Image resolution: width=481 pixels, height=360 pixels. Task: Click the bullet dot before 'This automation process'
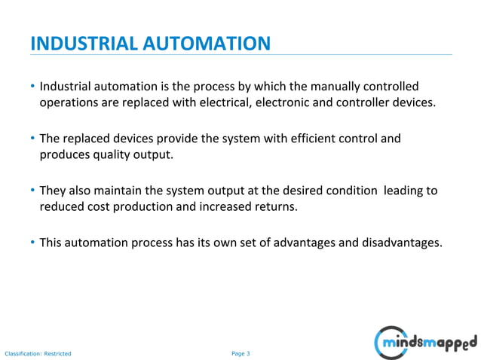point(33,243)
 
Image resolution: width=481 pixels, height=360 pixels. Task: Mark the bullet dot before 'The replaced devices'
point(33,139)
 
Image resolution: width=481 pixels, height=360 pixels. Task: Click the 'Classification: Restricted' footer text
point(38,353)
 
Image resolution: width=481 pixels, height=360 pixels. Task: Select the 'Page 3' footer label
point(240,352)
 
